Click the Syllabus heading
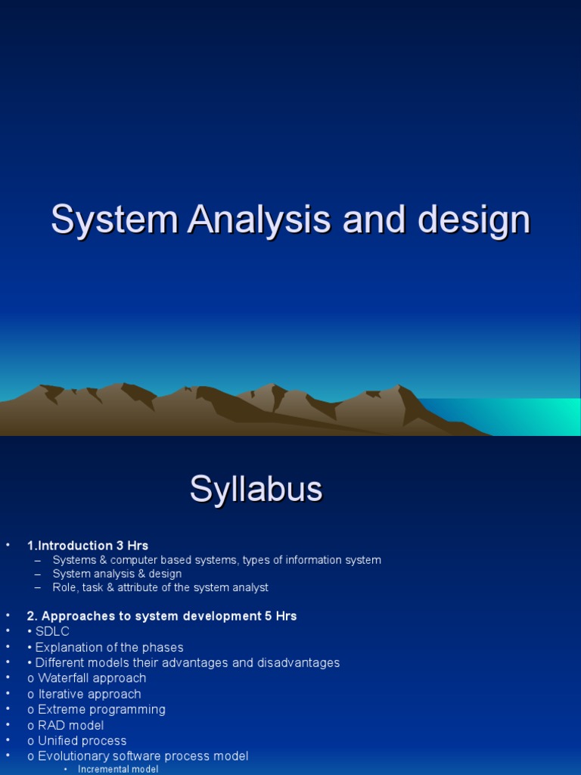coord(256,490)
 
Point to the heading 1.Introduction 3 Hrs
coord(88,546)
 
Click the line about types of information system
coord(216,560)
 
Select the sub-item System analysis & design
coord(117,574)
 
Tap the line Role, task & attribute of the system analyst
coord(160,587)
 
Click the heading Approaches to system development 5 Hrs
coord(162,616)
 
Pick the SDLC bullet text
coord(52,632)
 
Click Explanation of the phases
coord(109,647)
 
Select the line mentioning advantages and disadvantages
coord(188,663)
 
